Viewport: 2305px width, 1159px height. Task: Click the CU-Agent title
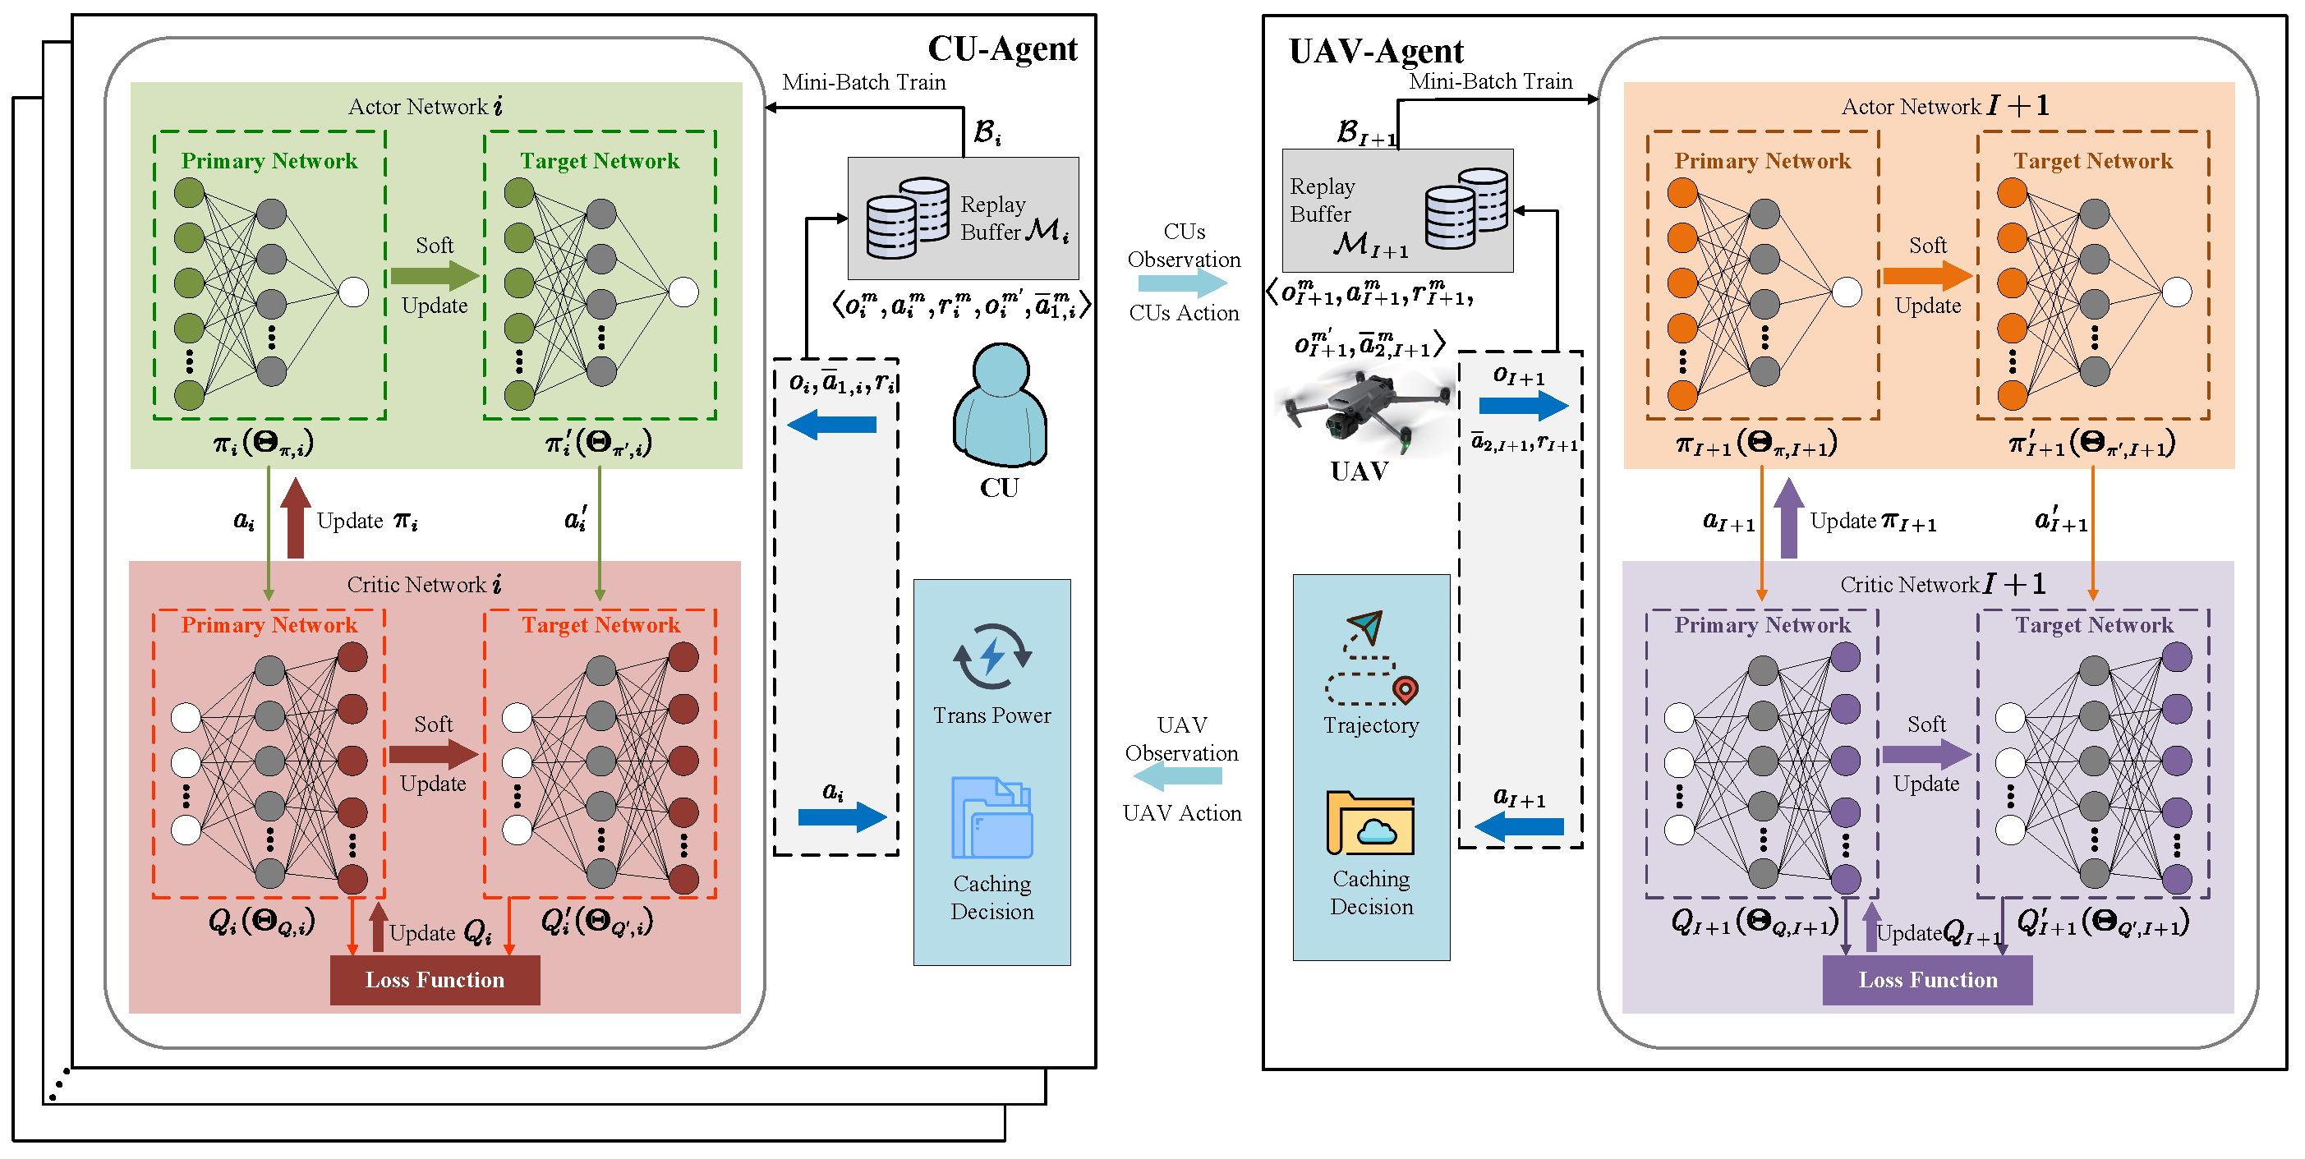[1001, 49]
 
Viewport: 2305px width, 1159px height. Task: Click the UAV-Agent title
[1375, 52]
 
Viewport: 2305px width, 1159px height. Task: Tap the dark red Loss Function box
[434, 979]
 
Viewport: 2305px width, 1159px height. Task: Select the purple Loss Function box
[1926, 979]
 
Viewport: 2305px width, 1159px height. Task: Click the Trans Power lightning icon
[991, 656]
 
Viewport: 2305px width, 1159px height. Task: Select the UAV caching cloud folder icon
[1370, 823]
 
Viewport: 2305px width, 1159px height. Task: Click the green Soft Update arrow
[434, 274]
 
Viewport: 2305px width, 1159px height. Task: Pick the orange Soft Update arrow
[1926, 274]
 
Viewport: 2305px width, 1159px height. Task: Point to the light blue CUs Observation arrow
[1182, 283]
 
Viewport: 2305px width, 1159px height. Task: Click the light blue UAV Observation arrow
[1182, 776]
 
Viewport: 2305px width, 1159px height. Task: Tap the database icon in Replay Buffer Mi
[906, 218]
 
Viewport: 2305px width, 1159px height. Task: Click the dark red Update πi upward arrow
[295, 518]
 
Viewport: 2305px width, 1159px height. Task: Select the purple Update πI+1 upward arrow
[1787, 518]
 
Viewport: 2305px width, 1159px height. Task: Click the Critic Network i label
[423, 584]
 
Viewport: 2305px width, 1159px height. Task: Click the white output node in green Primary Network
[353, 292]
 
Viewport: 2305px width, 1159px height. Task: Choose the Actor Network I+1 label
[1944, 107]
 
